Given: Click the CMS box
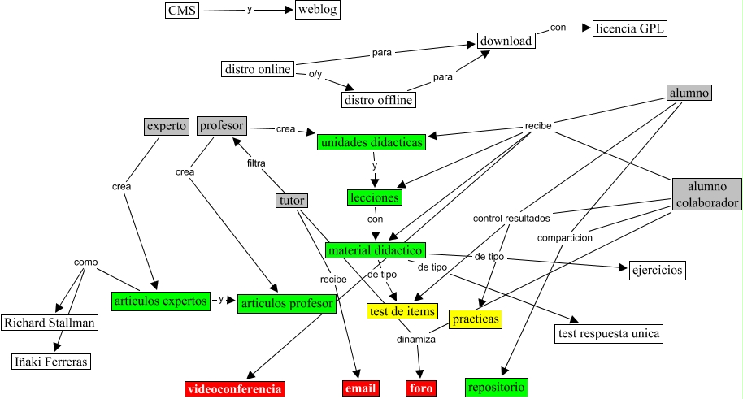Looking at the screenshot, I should (181, 11).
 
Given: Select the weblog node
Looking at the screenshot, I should (318, 11).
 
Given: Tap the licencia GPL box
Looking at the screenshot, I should (630, 29).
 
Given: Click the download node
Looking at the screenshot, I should (506, 41).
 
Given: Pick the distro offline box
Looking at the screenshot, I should (378, 100).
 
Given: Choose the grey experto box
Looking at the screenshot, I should (167, 126).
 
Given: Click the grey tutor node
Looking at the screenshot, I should (291, 201).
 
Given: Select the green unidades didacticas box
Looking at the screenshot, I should (371, 142).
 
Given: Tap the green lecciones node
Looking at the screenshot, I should (374, 197).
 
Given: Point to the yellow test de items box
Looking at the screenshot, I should (402, 310).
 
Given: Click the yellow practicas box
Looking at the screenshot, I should (474, 319).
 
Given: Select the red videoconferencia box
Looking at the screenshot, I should (235, 389).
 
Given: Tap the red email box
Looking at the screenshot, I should (360, 389).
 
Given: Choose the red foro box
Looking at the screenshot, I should (421, 389).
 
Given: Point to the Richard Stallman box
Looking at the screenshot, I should (50, 323).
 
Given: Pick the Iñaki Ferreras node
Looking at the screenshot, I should (50, 362).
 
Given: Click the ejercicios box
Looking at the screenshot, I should (658, 269).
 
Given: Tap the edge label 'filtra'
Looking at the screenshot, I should (256, 163).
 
